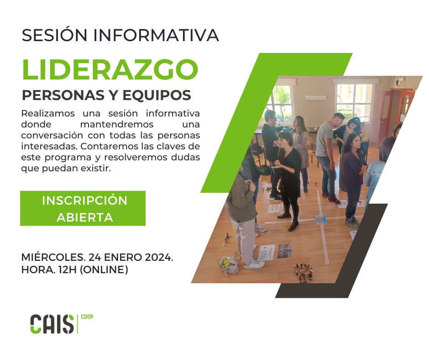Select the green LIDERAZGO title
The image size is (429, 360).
(110, 69)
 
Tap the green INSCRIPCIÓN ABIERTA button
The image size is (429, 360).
(83, 208)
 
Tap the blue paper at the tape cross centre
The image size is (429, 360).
(321, 219)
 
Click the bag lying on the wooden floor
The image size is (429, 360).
(230, 264)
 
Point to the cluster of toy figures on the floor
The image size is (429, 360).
(303, 272)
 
